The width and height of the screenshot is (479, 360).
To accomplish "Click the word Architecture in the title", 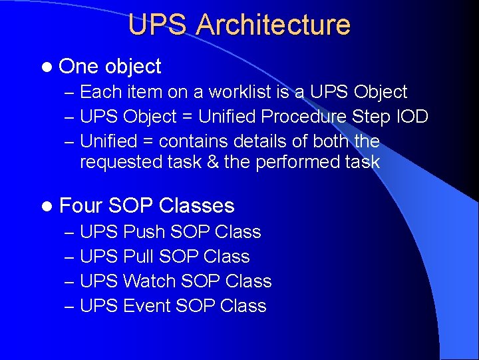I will coord(273,25).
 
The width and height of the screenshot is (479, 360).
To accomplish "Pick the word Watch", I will coord(149,281).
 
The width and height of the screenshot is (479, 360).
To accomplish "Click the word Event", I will coord(146,306).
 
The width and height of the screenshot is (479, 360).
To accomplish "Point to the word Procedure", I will coord(303,117).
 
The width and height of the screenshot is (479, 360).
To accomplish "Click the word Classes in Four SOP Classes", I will coord(197,205).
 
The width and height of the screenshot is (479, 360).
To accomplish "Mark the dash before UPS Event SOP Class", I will coord(71,307).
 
